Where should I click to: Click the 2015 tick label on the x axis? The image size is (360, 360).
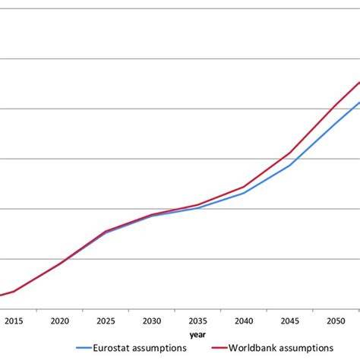click(14, 321)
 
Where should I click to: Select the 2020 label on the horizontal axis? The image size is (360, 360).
click(59, 321)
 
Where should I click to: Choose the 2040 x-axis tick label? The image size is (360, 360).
click(244, 321)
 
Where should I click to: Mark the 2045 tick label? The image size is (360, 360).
click(289, 321)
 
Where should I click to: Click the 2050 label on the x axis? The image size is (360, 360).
click(336, 321)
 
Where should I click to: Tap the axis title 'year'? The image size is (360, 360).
click(197, 333)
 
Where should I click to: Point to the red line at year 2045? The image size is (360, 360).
click(289, 153)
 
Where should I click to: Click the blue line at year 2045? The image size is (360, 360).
click(289, 165)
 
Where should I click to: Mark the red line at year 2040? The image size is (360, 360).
click(244, 186)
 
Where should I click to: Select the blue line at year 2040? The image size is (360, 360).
click(244, 193)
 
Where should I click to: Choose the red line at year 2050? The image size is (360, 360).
click(336, 105)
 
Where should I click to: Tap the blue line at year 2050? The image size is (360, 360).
click(336, 122)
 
